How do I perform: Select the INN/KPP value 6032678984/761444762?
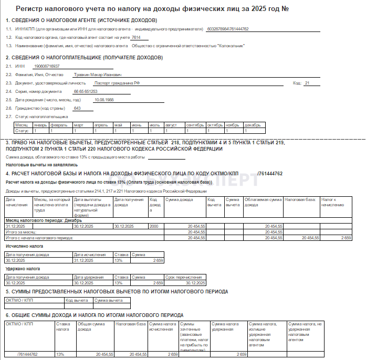(x=228, y=29)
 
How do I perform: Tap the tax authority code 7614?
(x=136, y=37)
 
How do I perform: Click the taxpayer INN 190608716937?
(x=46, y=66)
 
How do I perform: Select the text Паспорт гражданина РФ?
(x=117, y=83)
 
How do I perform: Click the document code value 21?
(x=308, y=83)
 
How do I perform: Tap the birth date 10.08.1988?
(x=103, y=100)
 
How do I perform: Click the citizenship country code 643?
(x=77, y=108)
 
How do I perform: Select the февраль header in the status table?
(x=58, y=125)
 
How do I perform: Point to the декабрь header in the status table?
(x=252, y=125)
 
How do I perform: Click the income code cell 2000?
(x=154, y=226)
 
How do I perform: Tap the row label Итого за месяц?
(x=21, y=231)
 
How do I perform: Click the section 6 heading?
(x=95, y=315)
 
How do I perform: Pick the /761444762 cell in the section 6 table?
(x=27, y=355)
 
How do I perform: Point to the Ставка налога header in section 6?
(x=63, y=327)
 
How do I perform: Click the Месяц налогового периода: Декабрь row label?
(x=36, y=220)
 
